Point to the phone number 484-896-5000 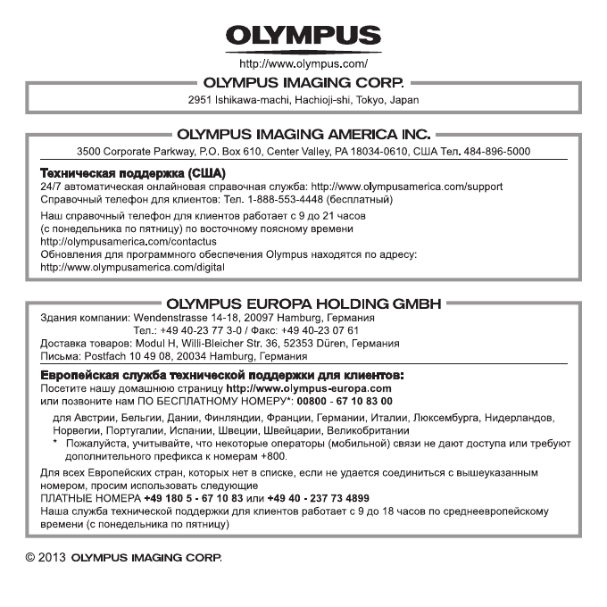coord(503,152)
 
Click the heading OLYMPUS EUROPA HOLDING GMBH coord(303,303)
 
